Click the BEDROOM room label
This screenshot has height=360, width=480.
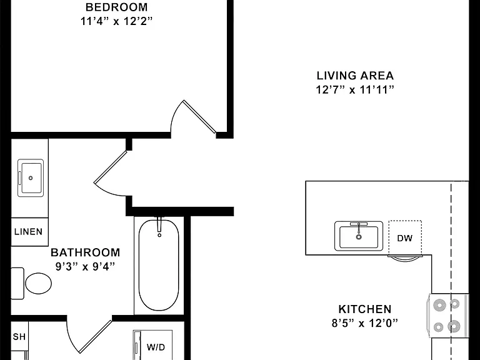[116, 7]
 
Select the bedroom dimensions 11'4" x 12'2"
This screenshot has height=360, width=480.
[116, 21]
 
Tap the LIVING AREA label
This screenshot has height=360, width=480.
[355, 76]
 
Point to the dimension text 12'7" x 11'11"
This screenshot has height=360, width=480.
[355, 90]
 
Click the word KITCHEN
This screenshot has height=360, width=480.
[365, 309]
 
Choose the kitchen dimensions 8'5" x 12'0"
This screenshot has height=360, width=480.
[365, 323]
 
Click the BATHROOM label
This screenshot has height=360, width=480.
[86, 252]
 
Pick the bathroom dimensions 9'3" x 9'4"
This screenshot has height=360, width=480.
[86, 266]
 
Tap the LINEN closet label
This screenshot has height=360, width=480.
[29, 231]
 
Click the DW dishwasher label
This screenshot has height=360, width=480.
[405, 238]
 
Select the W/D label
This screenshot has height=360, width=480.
[156, 347]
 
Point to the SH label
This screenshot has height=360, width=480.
[19, 337]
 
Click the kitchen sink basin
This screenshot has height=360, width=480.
[359, 237]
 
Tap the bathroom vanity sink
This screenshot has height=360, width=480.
[30, 178]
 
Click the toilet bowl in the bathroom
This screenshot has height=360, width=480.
[38, 283]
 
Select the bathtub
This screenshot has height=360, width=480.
[159, 265]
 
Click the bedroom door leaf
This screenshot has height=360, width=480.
[199, 117]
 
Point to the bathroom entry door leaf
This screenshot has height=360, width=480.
[110, 167]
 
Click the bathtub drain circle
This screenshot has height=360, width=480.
[159, 235]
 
